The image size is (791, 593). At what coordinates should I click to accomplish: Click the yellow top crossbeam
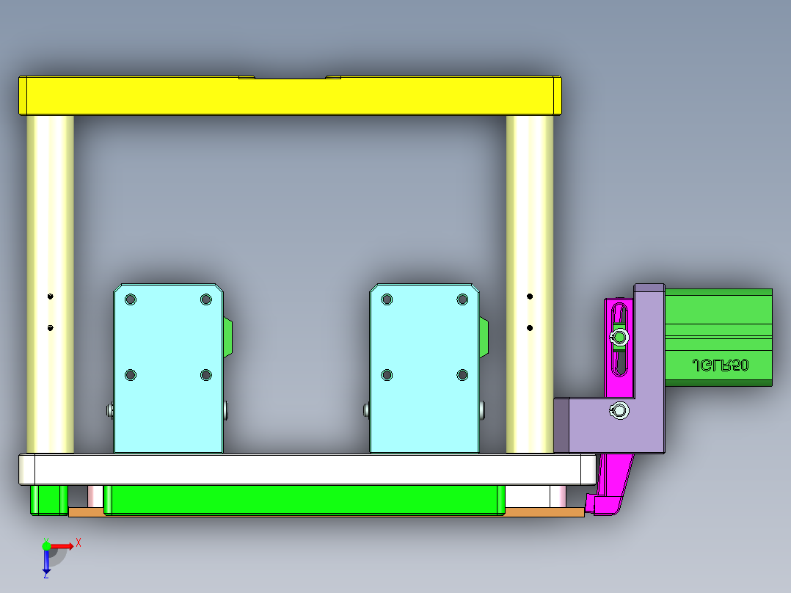point(290,96)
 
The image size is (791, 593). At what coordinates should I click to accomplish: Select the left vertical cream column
point(51,220)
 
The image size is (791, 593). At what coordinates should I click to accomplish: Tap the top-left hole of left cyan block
point(131,299)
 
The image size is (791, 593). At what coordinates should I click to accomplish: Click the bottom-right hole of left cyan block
point(205,375)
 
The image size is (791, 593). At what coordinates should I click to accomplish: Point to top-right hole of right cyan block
point(462,299)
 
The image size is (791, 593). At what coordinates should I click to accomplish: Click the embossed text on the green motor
point(720,365)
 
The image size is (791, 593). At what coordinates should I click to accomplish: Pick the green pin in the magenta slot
point(620,337)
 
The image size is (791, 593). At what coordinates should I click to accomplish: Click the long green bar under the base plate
point(305,499)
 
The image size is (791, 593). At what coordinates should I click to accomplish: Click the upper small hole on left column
point(50,296)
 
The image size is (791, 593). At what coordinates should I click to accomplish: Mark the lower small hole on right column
point(530,327)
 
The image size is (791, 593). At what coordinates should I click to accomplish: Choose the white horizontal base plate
point(308,469)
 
